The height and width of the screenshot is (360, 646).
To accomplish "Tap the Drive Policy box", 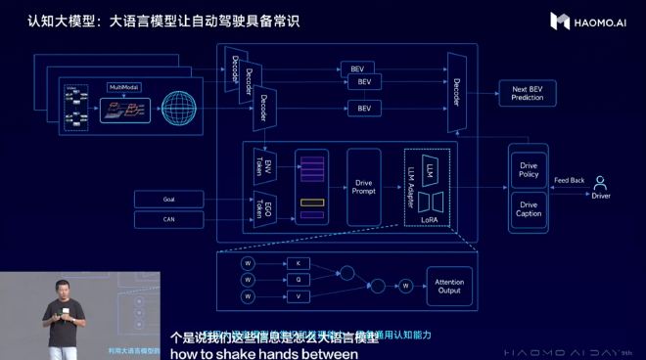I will [x=528, y=170].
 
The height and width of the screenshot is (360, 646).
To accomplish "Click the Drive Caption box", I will [x=528, y=207].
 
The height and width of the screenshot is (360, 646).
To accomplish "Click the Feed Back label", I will [x=569, y=180].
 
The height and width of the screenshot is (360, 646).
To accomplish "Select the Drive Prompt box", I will [x=364, y=187].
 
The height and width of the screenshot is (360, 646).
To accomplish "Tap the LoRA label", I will [x=428, y=221].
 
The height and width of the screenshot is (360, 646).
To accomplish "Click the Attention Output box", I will [x=449, y=285].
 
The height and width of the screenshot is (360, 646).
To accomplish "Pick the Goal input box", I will [x=169, y=199].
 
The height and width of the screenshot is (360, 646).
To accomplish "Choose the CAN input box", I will [x=169, y=220].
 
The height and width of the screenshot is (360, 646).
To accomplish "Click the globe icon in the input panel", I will [x=180, y=106].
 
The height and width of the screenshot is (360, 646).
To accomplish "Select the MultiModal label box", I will [x=123, y=87].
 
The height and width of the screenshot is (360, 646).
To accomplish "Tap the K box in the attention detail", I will [x=298, y=263].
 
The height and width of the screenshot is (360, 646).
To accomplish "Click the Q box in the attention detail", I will [x=298, y=280].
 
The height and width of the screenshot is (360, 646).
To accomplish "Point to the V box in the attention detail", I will [x=298, y=296].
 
